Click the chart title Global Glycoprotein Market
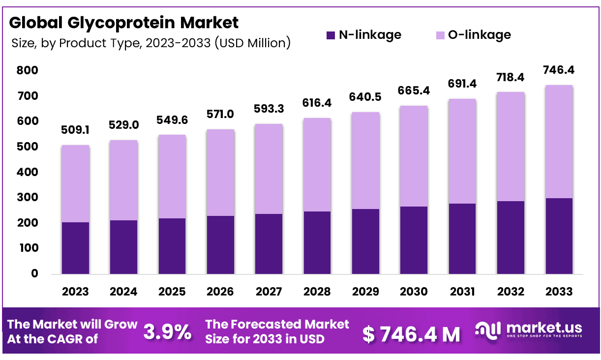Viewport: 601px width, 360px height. (x=124, y=23)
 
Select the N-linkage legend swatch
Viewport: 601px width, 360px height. (x=330, y=35)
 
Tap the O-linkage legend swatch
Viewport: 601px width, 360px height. (x=440, y=35)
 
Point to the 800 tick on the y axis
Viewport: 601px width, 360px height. (x=28, y=71)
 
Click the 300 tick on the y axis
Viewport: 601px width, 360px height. (x=28, y=198)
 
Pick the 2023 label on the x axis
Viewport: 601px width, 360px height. (x=75, y=291)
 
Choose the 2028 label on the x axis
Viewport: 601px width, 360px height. (x=317, y=291)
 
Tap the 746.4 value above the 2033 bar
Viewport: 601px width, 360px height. (x=559, y=71)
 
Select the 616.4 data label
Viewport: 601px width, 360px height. (x=317, y=104)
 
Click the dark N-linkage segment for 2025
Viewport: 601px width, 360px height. (x=172, y=246)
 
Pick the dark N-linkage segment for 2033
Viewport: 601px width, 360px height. (x=559, y=236)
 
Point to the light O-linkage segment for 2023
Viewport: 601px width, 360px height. (x=75, y=184)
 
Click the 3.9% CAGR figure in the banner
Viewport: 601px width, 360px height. (x=167, y=332)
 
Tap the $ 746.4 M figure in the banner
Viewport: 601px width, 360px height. (x=411, y=334)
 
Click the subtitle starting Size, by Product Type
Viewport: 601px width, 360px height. (x=150, y=43)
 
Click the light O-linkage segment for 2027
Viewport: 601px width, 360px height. (x=269, y=169)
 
